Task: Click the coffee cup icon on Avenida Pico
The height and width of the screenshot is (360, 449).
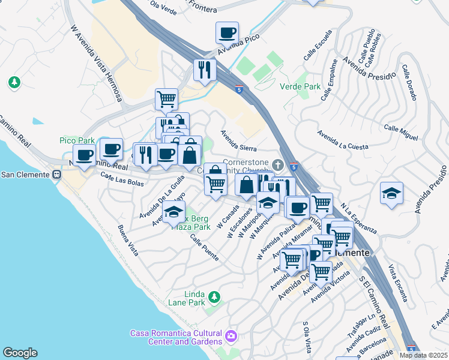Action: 228,32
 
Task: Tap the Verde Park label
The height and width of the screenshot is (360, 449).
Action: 300,86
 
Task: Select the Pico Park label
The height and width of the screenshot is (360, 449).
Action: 77,140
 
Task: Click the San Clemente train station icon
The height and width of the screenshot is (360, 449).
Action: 57,175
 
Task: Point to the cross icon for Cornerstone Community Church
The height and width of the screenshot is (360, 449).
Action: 277,164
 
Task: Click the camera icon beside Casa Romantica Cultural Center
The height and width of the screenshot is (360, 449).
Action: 231,335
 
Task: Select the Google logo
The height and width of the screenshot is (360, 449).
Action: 20,353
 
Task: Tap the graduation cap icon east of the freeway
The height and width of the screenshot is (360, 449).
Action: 391,193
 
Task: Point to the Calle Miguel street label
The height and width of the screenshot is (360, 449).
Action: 400,133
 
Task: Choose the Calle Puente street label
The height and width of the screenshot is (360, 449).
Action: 204,247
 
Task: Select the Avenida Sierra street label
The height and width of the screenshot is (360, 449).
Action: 238,141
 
